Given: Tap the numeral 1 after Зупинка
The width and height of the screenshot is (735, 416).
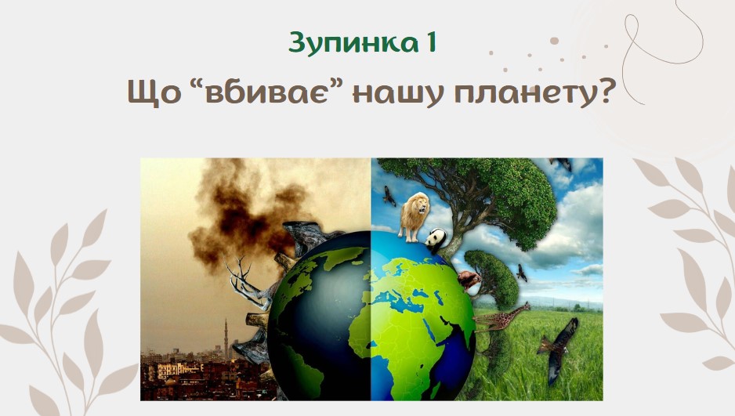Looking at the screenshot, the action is coord(431,42).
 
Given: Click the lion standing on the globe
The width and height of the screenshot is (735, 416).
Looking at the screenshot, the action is coord(414,216).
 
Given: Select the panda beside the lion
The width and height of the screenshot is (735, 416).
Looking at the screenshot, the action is coord(436,241).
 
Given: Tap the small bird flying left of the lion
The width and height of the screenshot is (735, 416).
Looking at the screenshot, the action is coord(389,196).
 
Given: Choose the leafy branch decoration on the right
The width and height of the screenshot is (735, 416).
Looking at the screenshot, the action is coord(689,262).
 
